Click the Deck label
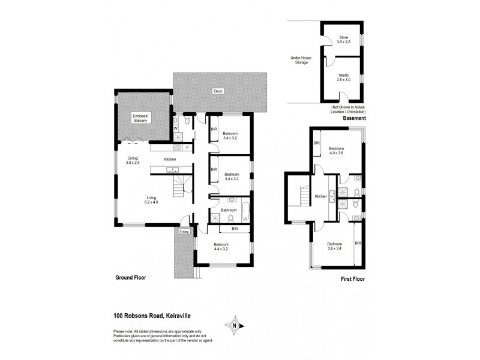coord(217,92)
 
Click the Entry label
coord(184,231)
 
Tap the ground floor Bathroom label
coord(229,210)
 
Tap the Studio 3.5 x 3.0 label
coord(343,77)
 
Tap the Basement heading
coord(353,119)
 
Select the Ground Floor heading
coord(131,278)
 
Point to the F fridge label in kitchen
coord(187,147)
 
